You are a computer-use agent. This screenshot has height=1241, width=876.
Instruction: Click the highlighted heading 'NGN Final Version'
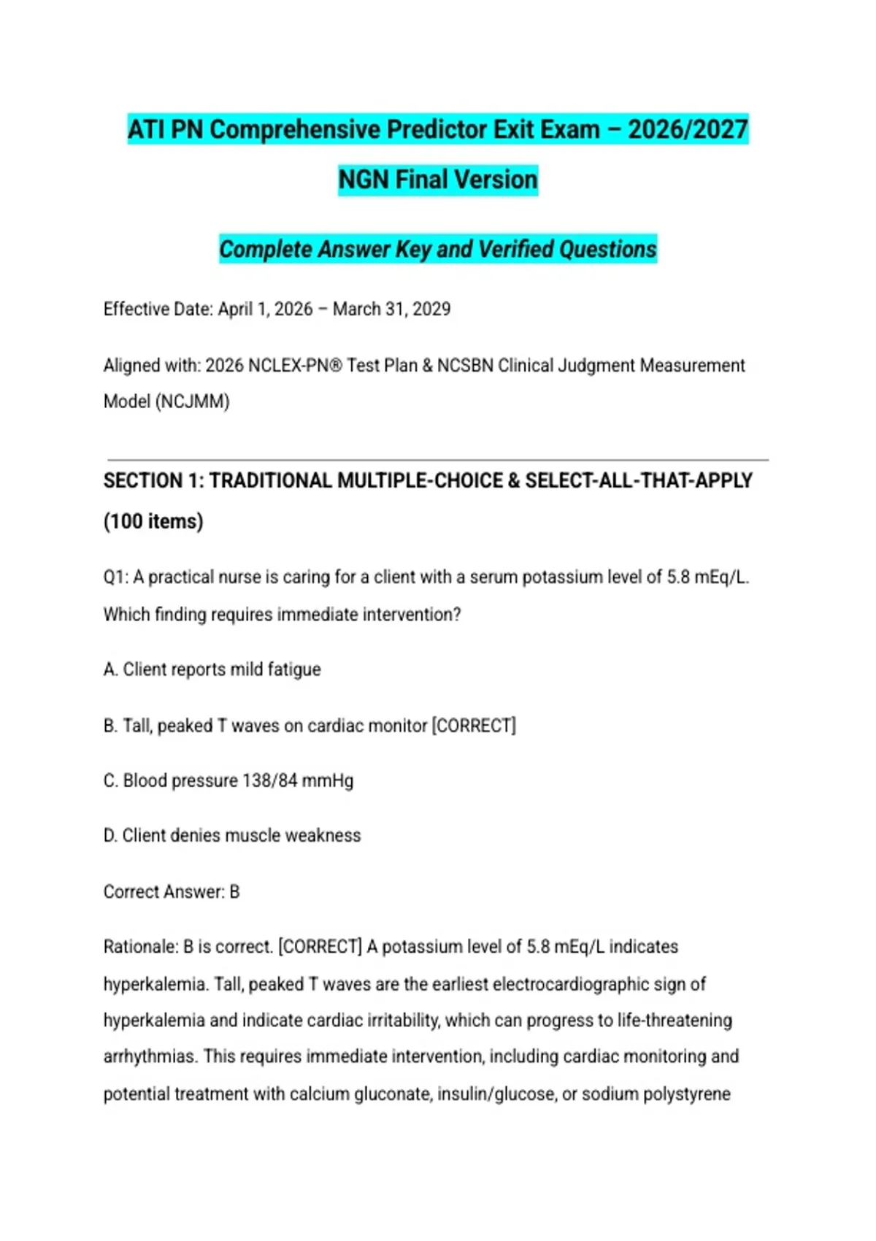438,180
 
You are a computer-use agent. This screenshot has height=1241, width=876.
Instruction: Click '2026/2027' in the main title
688,130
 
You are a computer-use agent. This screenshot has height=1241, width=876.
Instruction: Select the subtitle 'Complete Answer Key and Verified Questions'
438,249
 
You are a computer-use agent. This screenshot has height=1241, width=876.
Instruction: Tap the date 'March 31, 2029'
391,309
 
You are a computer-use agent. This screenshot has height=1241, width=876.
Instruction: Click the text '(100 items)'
153,521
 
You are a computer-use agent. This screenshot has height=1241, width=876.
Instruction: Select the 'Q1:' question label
116,577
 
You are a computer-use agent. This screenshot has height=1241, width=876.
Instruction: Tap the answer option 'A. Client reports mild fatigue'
212,669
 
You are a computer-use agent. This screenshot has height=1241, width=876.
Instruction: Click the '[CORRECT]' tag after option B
474,726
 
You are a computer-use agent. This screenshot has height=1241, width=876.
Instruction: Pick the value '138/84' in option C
270,780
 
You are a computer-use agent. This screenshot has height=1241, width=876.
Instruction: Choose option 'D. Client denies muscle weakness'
232,835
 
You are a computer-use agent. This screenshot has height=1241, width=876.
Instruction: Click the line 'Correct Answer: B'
172,891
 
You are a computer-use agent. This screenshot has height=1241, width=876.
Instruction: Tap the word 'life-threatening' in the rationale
675,1020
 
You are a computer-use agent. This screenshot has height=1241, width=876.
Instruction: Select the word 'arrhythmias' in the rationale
150,1056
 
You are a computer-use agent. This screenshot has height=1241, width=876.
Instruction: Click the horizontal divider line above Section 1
438,460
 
